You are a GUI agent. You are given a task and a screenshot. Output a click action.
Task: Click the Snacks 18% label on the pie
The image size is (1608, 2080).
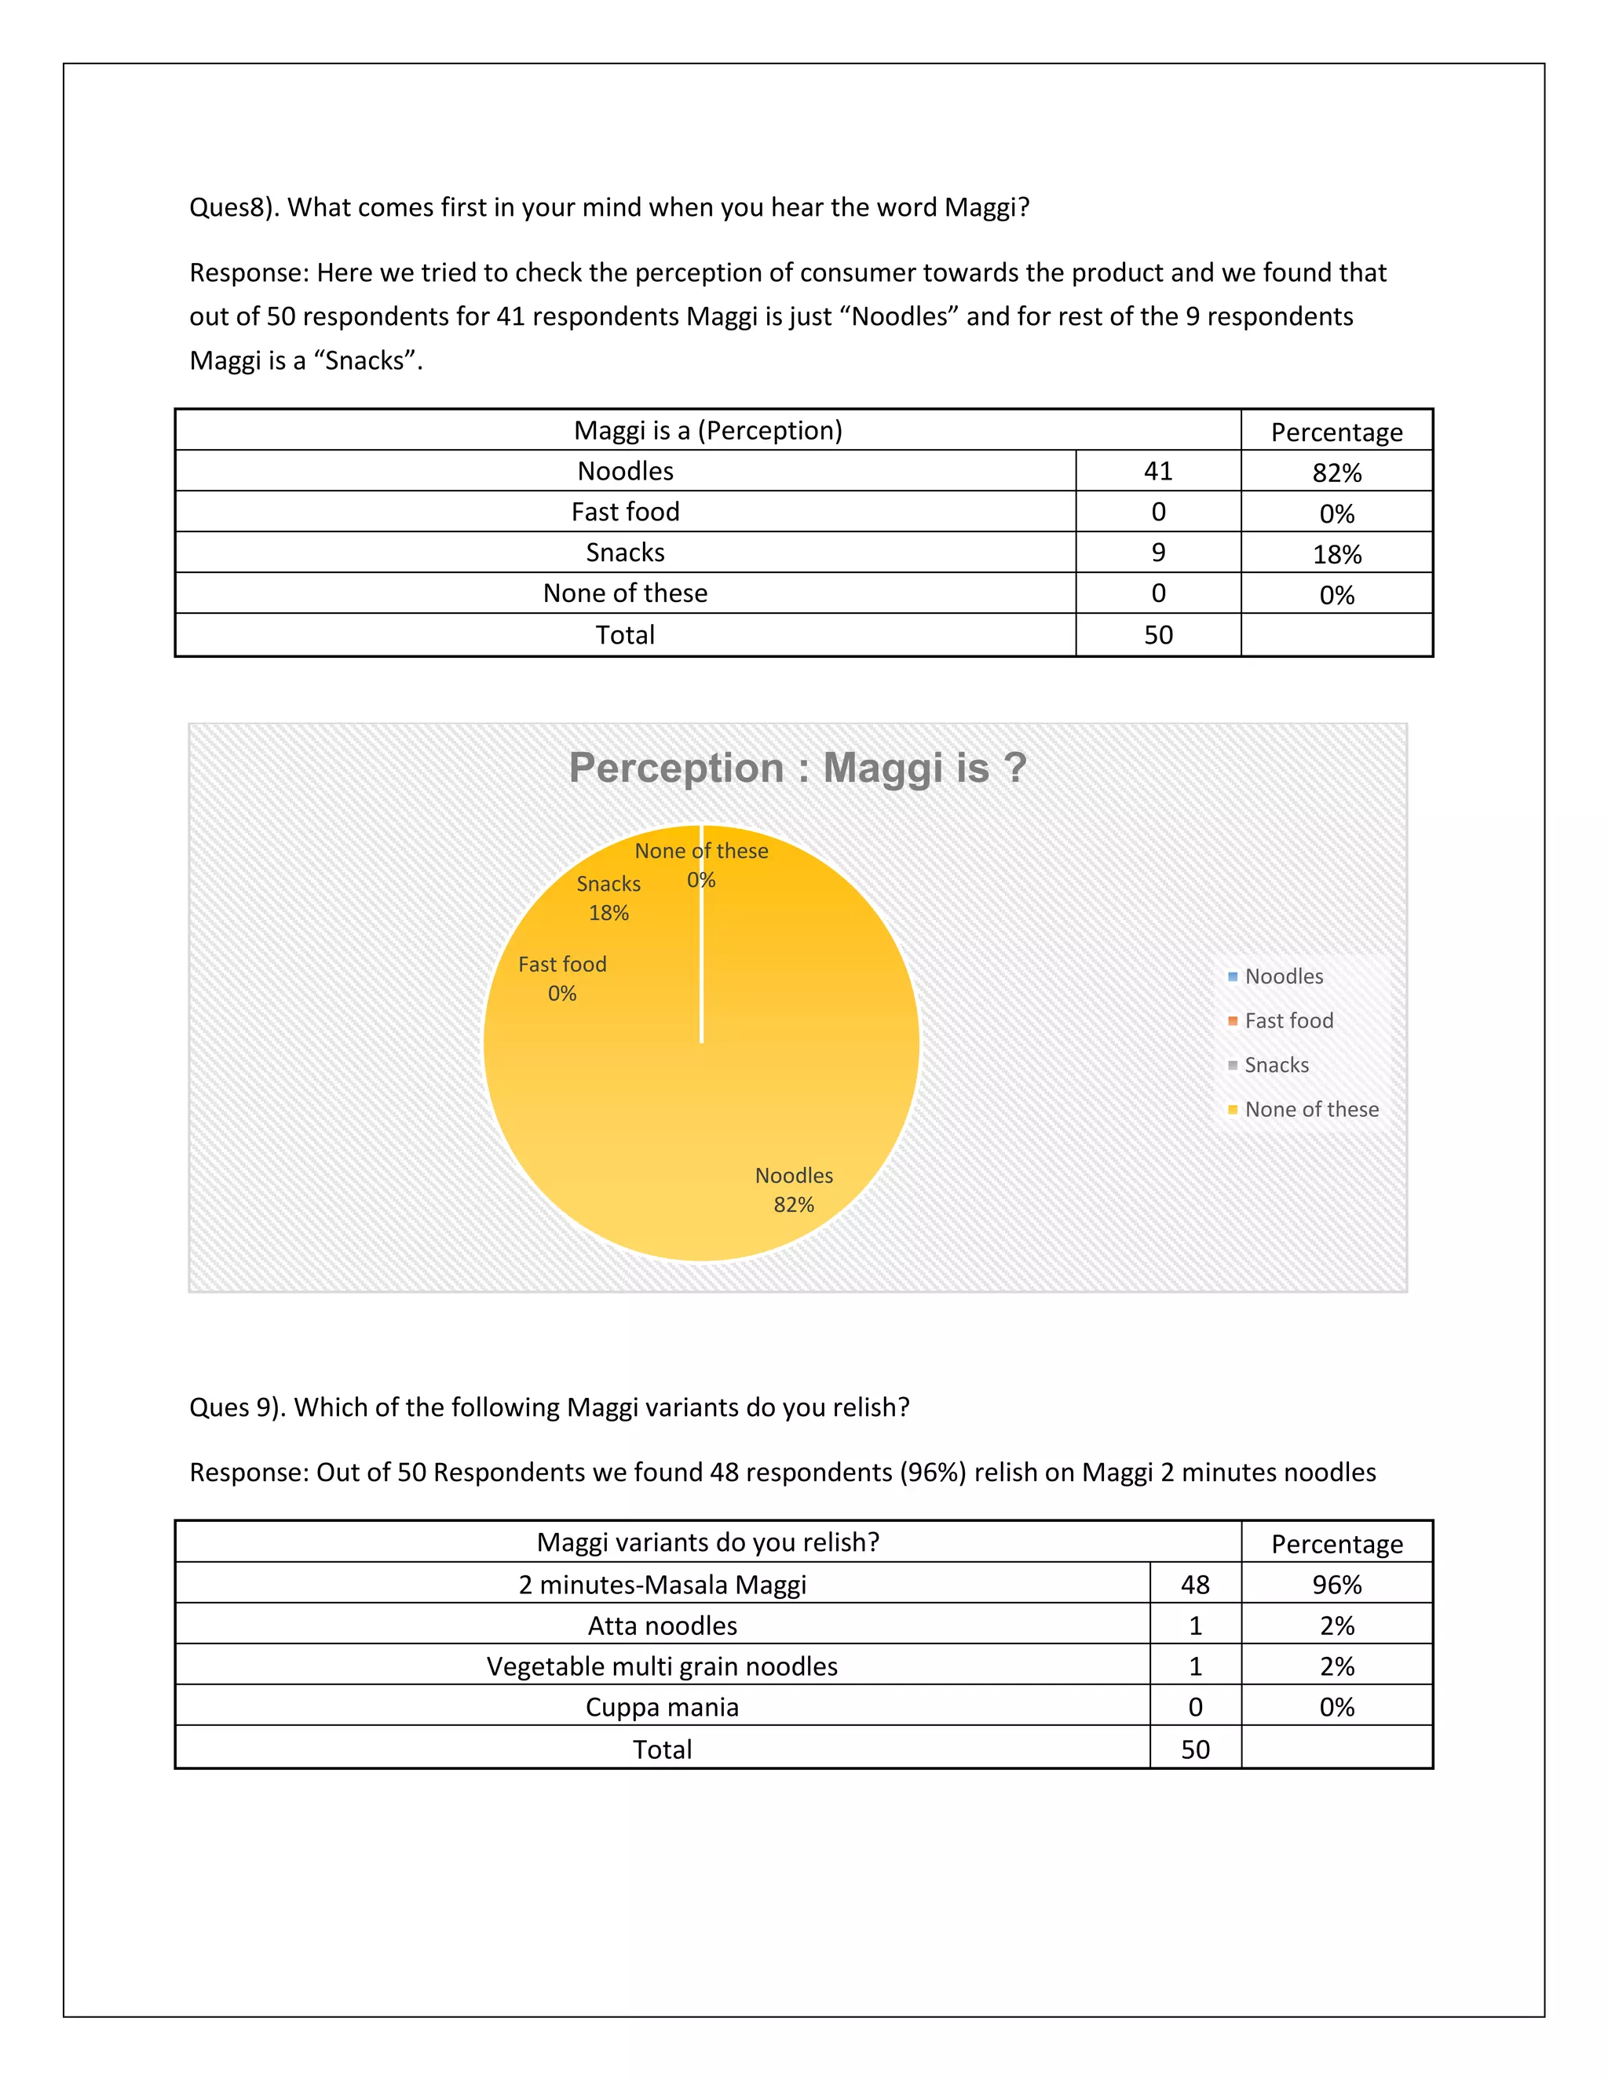(x=608, y=898)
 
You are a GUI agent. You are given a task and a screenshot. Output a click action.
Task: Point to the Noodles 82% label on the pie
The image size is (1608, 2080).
(x=794, y=1189)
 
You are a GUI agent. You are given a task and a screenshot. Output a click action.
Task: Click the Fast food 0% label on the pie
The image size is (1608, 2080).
(x=562, y=978)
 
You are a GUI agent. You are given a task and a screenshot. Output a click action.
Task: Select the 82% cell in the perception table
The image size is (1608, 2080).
(x=1336, y=473)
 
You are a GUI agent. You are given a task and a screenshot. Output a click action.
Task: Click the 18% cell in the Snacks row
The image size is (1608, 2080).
(x=1336, y=554)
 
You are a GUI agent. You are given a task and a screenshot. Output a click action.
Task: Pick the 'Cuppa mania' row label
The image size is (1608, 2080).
(x=662, y=1706)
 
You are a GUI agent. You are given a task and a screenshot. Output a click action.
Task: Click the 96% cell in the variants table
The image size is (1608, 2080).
(x=1336, y=1585)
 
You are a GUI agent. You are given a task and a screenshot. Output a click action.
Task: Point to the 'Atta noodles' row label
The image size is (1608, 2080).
(x=662, y=1626)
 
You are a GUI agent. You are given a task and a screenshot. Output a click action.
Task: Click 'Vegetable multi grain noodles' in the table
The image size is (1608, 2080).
(x=662, y=1666)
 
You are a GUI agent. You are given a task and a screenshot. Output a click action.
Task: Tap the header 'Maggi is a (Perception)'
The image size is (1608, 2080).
(x=707, y=430)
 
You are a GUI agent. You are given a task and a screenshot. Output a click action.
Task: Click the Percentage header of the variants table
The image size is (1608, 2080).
(x=1336, y=1544)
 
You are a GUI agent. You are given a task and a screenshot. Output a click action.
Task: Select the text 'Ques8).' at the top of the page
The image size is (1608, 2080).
(x=233, y=208)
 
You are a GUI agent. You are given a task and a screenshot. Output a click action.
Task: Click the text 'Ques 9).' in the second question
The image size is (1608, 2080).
(x=237, y=1407)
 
